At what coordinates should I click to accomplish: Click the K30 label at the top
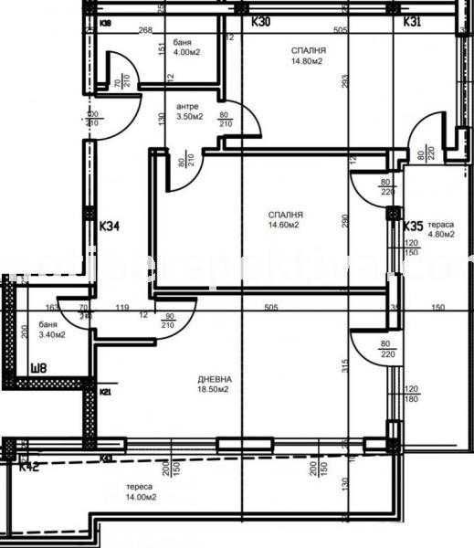(262, 21)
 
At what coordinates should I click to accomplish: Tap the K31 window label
(412, 21)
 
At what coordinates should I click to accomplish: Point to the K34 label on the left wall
(110, 224)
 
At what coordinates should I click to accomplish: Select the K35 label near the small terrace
(413, 226)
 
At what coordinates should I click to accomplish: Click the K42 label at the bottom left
(28, 466)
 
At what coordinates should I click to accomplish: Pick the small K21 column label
(105, 392)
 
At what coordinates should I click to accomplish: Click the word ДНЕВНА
(215, 379)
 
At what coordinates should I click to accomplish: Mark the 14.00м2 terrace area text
(142, 498)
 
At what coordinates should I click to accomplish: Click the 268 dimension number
(144, 29)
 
